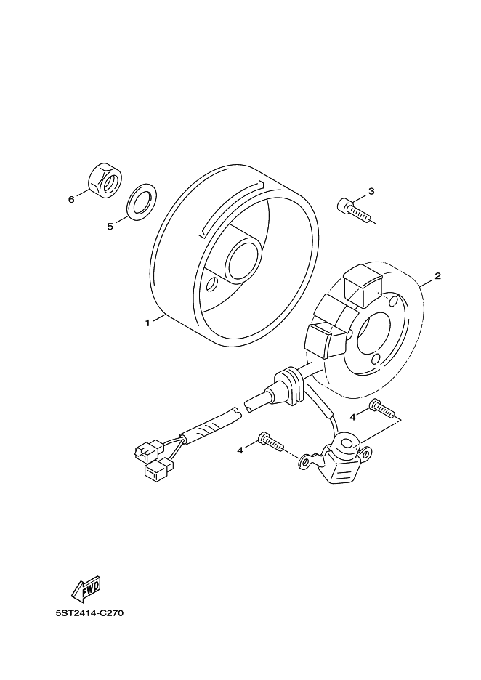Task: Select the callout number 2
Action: [x=438, y=276]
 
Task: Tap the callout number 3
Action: [x=371, y=192]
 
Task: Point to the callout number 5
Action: [x=110, y=226]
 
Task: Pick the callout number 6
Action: [x=71, y=199]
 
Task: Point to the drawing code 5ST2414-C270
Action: [x=90, y=613]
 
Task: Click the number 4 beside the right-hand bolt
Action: [x=352, y=417]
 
